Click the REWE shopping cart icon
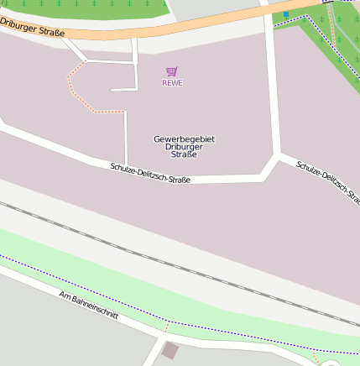pos(172,72)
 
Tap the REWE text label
pos(172,83)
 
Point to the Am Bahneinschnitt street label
pos(88,307)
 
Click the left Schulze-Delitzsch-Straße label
pos(150,174)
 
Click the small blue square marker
pos(285,14)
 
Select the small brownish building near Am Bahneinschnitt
pos(170,350)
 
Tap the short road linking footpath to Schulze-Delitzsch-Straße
pos(125,139)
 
